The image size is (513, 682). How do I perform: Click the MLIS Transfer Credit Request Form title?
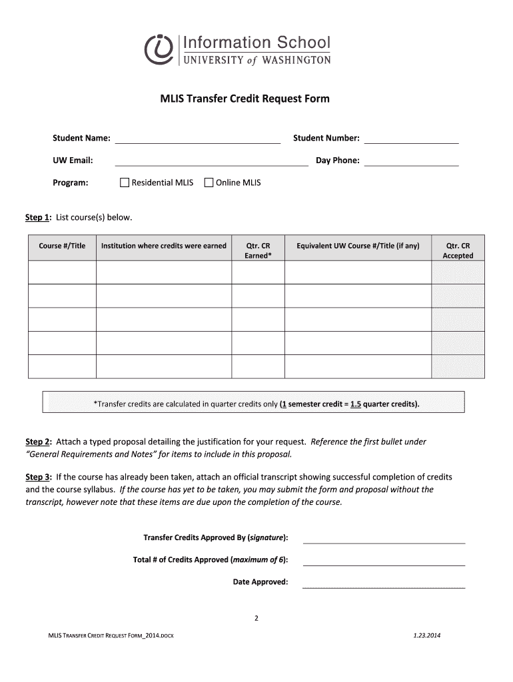tap(244, 99)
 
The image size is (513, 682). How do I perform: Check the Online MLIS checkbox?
tap(208, 182)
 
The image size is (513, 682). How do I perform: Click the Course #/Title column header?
tap(62, 246)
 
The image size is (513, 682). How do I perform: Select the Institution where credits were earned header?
tap(164, 246)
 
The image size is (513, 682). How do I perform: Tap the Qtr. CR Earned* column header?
tap(258, 250)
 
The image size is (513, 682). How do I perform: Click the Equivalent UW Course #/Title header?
tap(358, 246)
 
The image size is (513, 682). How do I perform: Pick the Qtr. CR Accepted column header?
tap(458, 250)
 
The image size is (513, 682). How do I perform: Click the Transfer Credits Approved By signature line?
tap(384, 541)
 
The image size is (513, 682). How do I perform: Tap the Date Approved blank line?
tap(384, 586)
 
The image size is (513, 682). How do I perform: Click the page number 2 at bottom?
tap(256, 618)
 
